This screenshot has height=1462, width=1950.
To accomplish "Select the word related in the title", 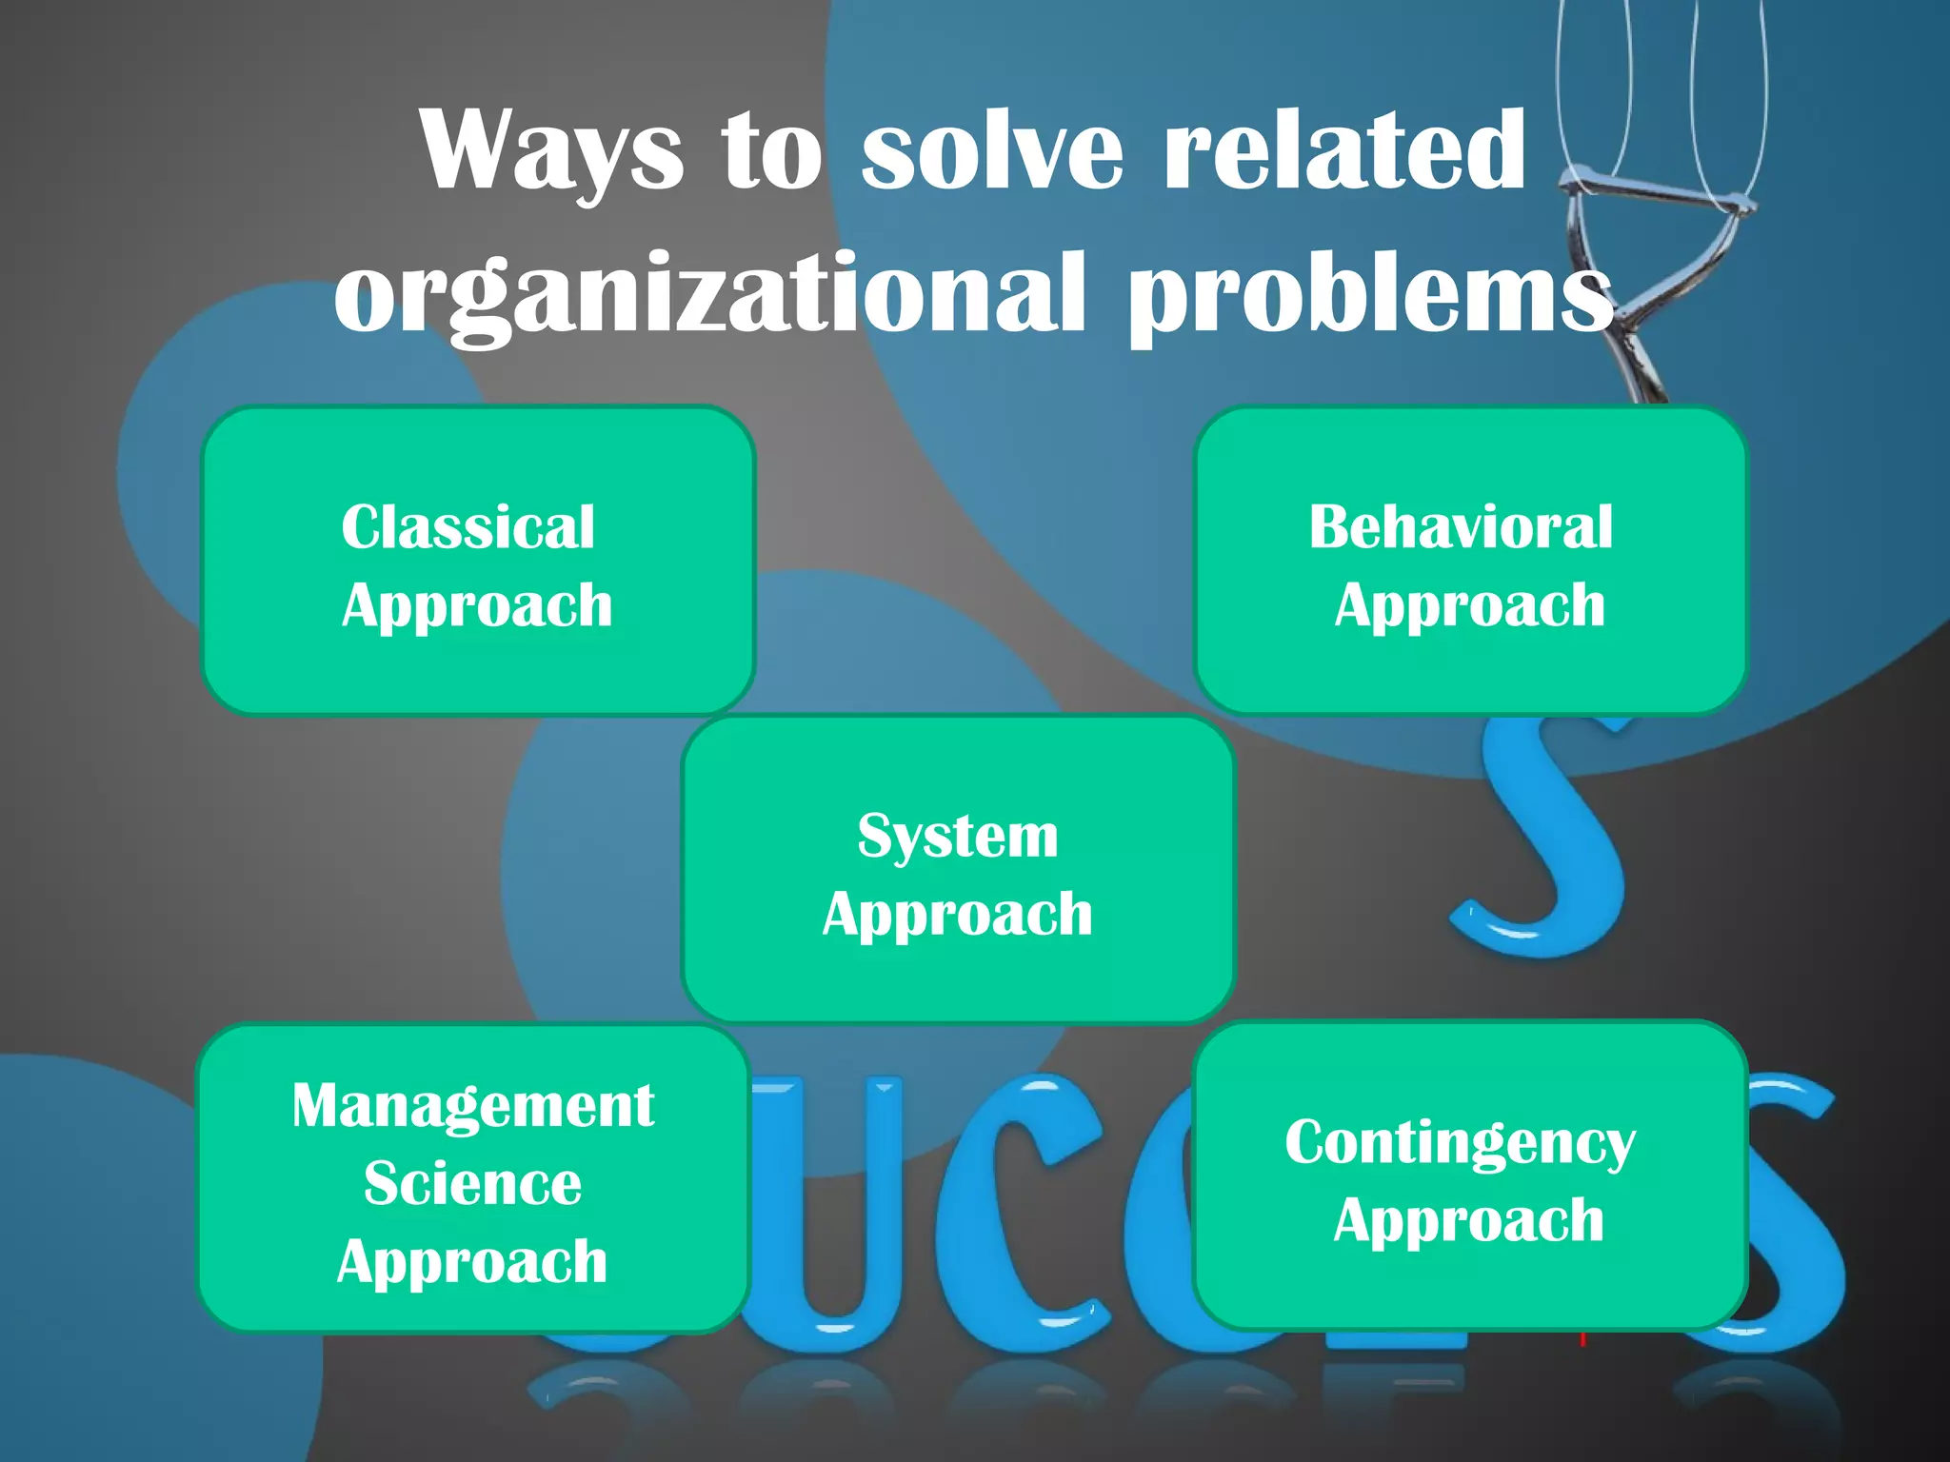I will [1344, 150].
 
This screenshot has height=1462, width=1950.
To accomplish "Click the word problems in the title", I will [1371, 295].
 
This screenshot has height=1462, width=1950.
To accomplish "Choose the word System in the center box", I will [958, 837].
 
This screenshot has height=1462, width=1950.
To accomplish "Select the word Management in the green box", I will [473, 1106].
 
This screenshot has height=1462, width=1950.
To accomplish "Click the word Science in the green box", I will [472, 1184].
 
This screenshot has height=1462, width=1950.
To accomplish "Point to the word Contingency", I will [1461, 1144].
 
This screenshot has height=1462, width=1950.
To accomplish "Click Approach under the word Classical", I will [477, 606].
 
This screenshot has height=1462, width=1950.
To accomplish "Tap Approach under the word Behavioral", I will [1470, 606].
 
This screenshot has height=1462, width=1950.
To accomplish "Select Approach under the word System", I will [958, 916].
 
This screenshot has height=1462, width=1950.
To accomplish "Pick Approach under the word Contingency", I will [1469, 1222].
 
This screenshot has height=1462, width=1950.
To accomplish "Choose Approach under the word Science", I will [472, 1263].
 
